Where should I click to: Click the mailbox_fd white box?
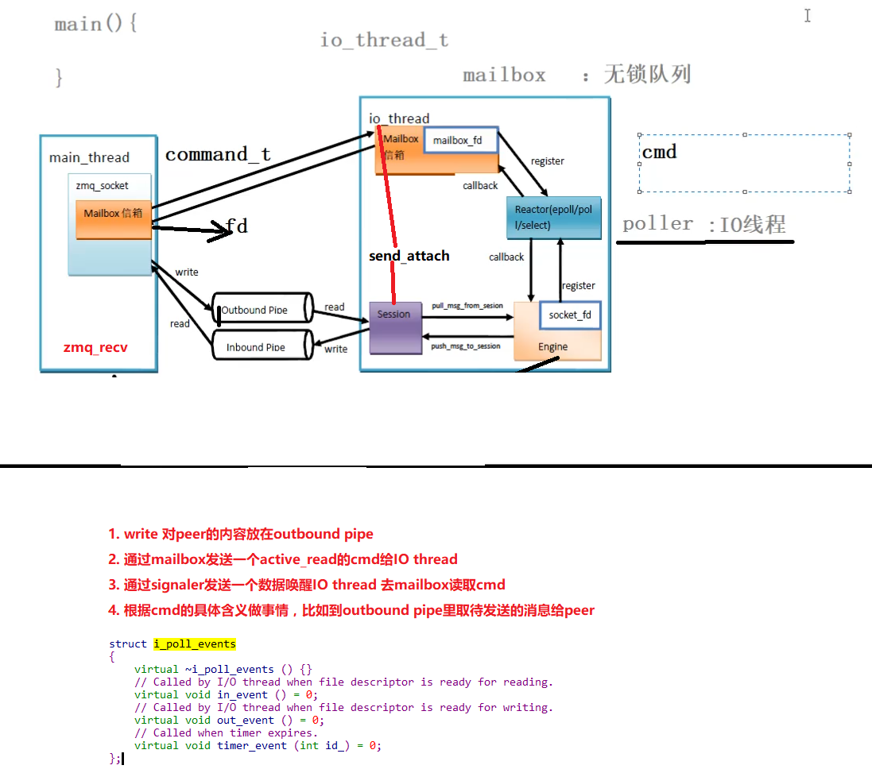point(461,141)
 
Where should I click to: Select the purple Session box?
point(394,327)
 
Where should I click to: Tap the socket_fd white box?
point(570,315)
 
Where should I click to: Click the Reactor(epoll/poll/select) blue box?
point(553,218)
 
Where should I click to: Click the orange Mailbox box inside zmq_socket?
point(113,219)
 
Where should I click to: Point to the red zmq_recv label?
point(95,348)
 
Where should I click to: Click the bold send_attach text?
point(409,256)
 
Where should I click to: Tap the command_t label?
point(218,154)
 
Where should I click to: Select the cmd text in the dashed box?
point(659,152)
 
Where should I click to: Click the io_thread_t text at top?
point(384,40)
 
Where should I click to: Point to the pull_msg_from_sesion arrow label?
point(467,306)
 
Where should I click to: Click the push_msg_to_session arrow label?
point(466,346)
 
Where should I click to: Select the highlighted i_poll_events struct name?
point(195,644)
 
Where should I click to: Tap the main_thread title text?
point(89,157)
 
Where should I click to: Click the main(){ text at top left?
point(95,24)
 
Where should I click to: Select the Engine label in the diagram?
point(552,346)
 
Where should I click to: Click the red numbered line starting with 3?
point(314,585)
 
